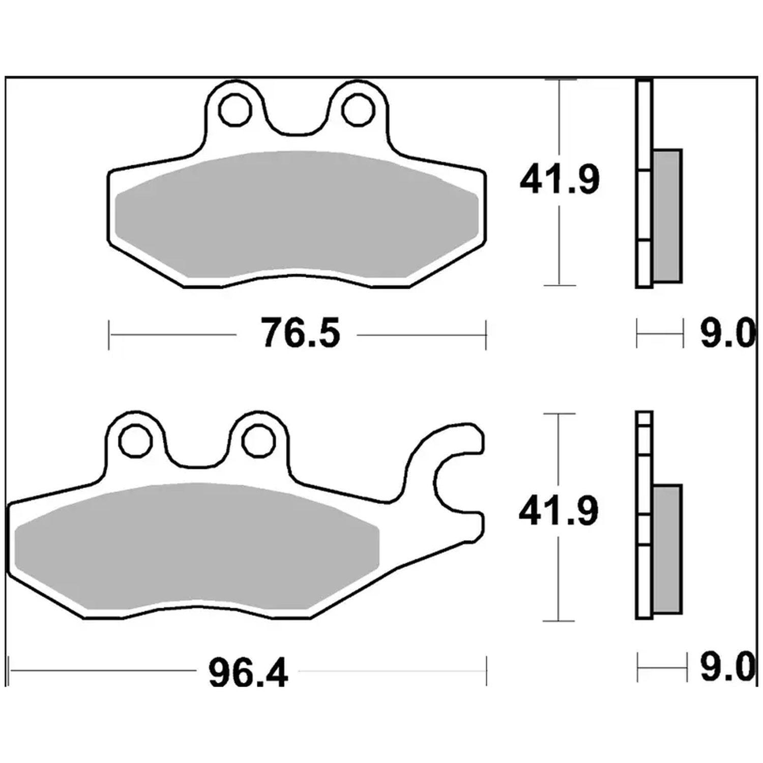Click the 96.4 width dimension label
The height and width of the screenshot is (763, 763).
point(248,672)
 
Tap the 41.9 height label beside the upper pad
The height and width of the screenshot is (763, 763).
point(560,179)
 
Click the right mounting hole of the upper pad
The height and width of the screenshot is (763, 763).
point(358,109)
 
